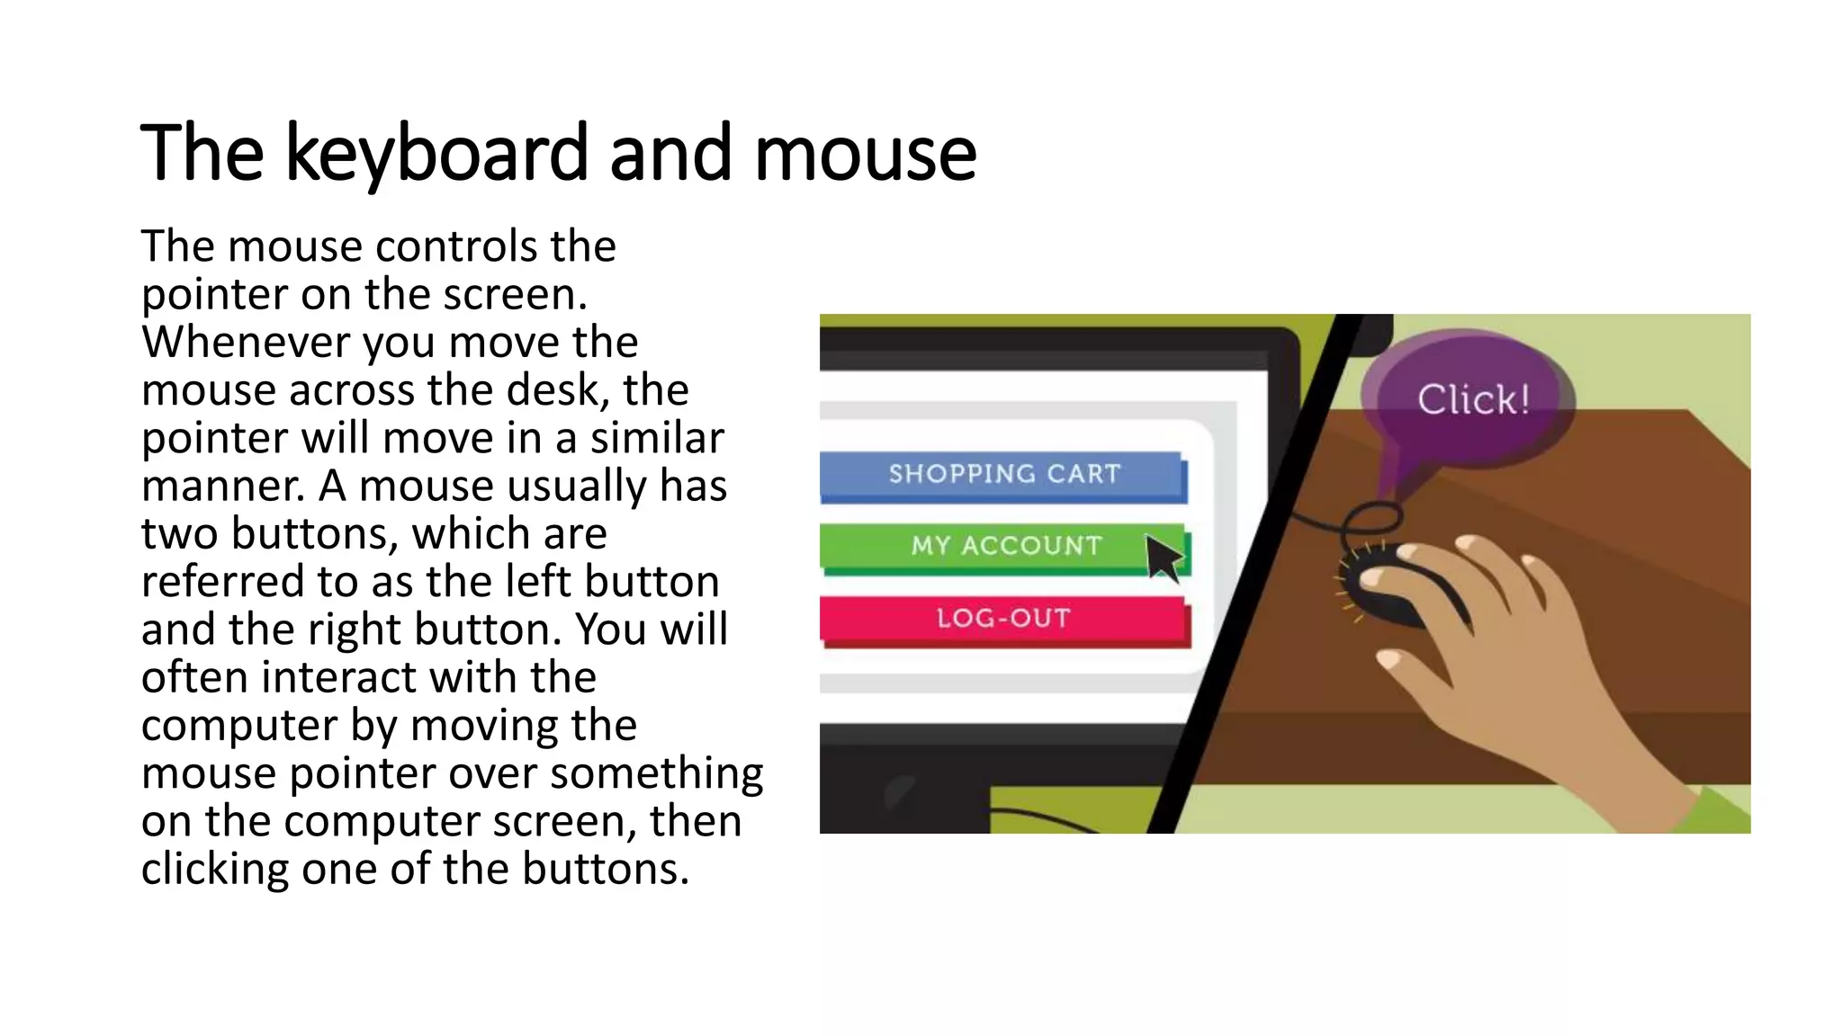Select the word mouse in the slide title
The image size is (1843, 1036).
tap(865, 154)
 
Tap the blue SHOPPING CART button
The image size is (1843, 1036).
tap(1003, 474)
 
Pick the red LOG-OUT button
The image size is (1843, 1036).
tap(1003, 619)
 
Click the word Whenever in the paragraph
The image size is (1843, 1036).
tap(245, 343)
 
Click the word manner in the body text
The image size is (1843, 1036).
tap(222, 487)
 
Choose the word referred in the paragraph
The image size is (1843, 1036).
tap(221, 582)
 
